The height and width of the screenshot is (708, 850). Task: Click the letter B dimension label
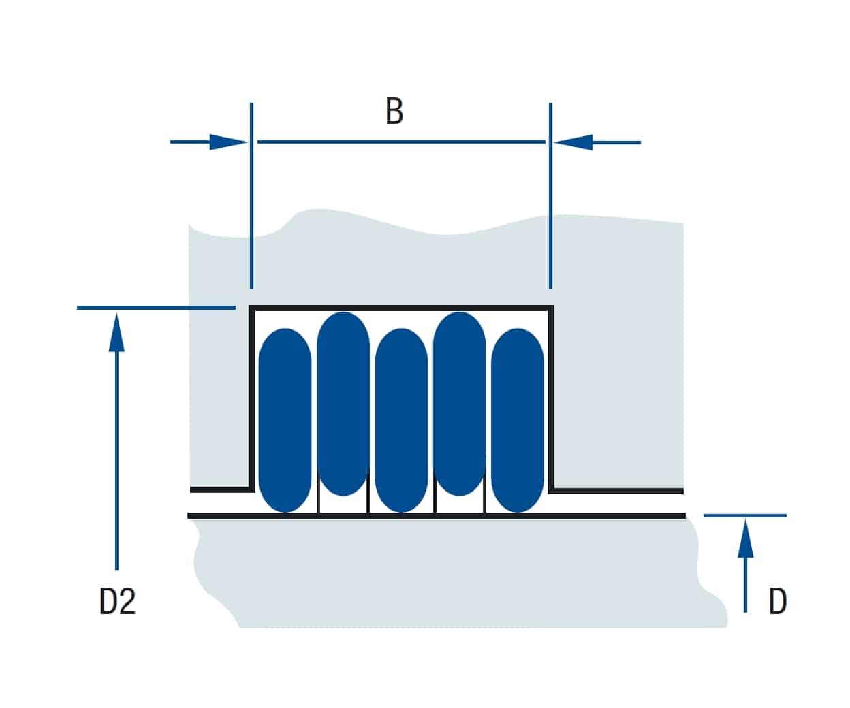click(394, 111)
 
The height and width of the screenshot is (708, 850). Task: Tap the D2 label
click(117, 601)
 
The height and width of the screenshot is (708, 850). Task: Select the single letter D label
click(778, 601)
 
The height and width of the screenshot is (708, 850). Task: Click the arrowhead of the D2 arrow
click(116, 332)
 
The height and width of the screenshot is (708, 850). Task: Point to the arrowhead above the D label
click(745, 538)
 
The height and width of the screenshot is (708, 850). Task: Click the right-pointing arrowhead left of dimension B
click(228, 142)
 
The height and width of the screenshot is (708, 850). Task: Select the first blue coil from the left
click(285, 420)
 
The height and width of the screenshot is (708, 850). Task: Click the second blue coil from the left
click(343, 404)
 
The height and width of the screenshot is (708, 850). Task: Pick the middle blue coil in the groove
click(401, 420)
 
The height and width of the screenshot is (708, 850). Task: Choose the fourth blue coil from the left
click(460, 404)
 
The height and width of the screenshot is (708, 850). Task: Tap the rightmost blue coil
click(518, 420)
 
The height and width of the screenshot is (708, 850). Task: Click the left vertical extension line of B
click(251, 195)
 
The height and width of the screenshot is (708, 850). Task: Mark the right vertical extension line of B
click(550, 195)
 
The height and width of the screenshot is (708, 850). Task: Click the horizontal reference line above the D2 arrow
click(156, 308)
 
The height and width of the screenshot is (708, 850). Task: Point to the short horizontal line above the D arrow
click(745, 515)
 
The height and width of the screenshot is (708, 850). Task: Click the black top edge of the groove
click(401, 308)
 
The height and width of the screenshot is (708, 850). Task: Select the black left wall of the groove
click(252, 399)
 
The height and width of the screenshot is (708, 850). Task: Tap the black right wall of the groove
click(551, 399)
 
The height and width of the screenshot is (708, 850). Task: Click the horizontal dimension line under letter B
click(401, 142)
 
